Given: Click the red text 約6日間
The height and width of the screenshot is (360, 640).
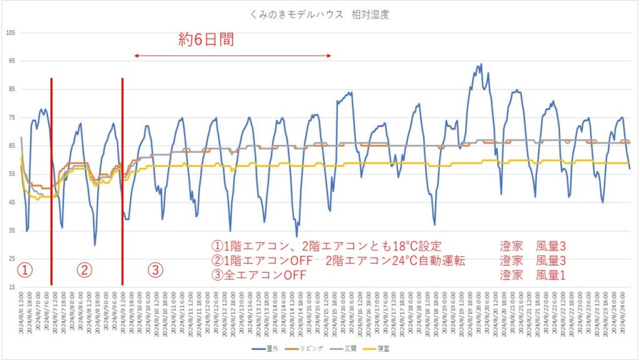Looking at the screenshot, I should (206, 40).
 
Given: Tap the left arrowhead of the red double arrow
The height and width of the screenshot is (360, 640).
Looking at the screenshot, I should (136, 56).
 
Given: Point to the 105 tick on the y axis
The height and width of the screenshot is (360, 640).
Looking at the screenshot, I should (9, 32).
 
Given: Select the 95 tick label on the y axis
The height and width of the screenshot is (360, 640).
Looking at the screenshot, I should (11, 61).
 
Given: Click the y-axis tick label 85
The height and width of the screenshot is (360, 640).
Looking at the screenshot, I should (11, 89).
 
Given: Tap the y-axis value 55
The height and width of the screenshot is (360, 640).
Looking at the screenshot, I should (11, 174).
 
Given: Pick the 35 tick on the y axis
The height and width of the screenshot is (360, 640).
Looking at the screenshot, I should (11, 231).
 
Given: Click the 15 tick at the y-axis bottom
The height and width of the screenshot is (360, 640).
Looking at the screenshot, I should (11, 287).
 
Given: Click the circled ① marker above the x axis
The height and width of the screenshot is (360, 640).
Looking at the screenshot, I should (24, 270).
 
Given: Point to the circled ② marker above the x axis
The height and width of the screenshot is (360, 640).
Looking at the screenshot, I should (84, 270).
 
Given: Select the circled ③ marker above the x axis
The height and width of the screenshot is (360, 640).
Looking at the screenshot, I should (155, 270).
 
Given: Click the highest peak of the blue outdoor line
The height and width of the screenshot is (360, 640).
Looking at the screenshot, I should (480, 64).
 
